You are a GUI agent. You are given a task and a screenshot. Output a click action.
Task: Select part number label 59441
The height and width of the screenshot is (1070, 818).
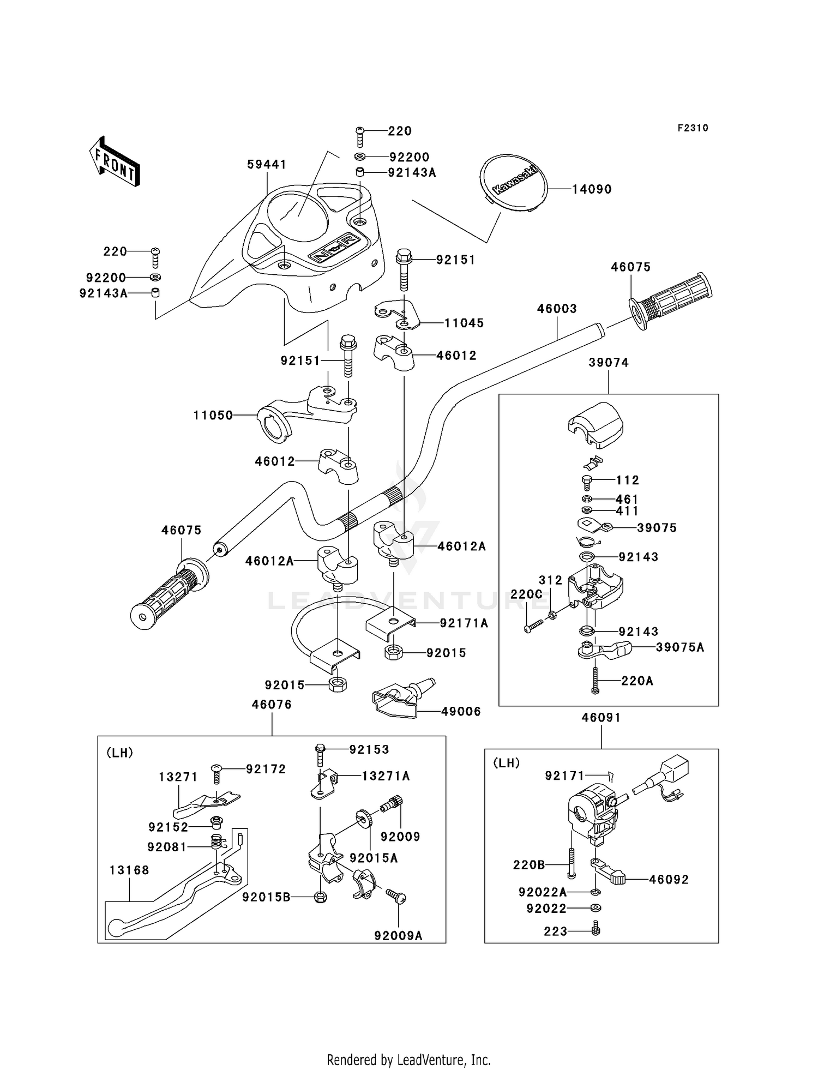(x=267, y=164)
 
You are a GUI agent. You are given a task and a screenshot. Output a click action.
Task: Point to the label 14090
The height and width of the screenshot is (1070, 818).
(x=592, y=189)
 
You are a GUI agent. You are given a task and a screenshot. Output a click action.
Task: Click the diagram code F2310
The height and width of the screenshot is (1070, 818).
(x=693, y=128)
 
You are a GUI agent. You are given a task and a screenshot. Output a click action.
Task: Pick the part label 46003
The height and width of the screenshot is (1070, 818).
(x=557, y=309)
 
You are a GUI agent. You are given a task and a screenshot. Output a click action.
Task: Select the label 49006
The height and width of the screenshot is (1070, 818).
(x=461, y=711)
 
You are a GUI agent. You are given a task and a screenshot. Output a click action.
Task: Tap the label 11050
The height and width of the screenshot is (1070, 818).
(x=213, y=416)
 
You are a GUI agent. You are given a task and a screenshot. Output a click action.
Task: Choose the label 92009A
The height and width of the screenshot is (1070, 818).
(x=398, y=936)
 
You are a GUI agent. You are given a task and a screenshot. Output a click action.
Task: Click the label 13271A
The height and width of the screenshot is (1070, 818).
(x=386, y=776)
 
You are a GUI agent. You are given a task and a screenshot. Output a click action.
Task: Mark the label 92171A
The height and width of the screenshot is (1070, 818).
(x=464, y=623)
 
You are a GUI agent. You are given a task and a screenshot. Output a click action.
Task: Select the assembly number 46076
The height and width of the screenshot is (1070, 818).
(x=272, y=705)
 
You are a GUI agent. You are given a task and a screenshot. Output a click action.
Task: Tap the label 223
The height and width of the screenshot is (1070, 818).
(x=556, y=931)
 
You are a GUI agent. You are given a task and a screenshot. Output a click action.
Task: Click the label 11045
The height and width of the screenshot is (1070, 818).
(x=464, y=323)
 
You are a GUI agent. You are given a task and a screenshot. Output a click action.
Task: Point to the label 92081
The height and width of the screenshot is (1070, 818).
(x=167, y=847)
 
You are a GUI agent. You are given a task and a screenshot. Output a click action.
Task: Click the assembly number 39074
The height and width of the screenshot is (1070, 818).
(x=609, y=363)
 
